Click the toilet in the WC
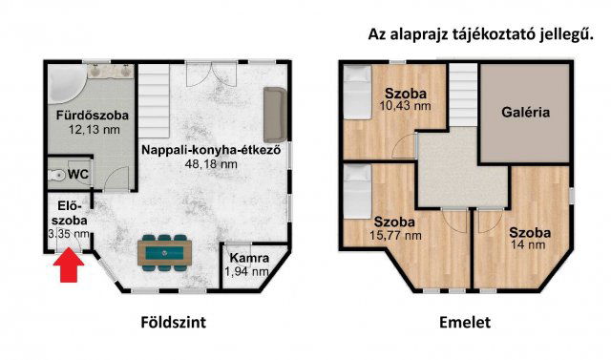[56, 175]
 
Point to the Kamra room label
[246, 259]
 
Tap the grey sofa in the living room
[273, 113]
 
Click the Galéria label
[525, 112]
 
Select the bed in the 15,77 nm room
[358, 186]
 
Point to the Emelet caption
[464, 323]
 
